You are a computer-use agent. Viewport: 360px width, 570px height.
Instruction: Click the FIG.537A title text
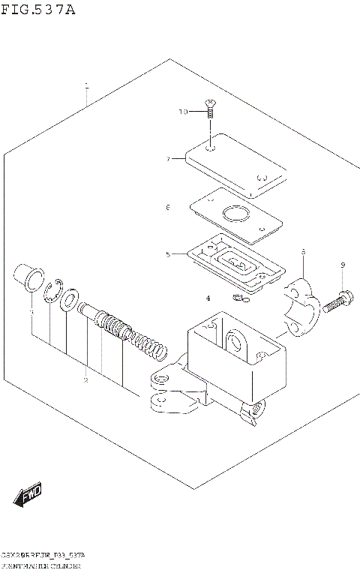pyautogui.click(x=38, y=10)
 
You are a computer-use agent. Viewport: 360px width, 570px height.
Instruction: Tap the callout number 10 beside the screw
pyautogui.click(x=183, y=112)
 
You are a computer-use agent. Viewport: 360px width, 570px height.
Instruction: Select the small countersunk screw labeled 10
pyautogui.click(x=211, y=110)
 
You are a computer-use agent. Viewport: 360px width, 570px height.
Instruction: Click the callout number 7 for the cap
pyautogui.click(x=169, y=158)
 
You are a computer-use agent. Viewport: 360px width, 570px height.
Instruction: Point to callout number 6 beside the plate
pyautogui.click(x=169, y=207)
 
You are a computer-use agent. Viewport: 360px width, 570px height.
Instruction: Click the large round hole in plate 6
pyautogui.click(x=238, y=215)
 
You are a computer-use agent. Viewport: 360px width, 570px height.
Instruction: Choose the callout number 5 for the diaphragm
pyautogui.click(x=169, y=254)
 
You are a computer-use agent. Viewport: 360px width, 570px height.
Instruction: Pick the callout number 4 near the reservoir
pyautogui.click(x=208, y=298)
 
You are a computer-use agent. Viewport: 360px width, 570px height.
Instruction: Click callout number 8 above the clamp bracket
pyautogui.click(x=303, y=252)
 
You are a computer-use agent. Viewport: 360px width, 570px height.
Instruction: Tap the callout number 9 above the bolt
pyautogui.click(x=342, y=265)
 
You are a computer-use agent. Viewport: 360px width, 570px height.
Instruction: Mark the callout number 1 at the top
pyautogui.click(x=87, y=85)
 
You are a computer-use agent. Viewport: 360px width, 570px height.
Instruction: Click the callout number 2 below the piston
pyautogui.click(x=85, y=380)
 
